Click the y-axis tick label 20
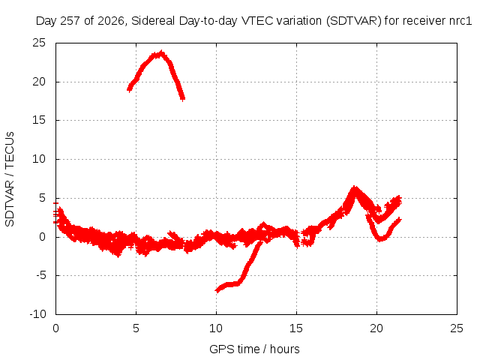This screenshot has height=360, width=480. (x=39, y=82)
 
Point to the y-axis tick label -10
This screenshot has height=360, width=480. (x=38, y=314)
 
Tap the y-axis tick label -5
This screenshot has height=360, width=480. (x=41, y=275)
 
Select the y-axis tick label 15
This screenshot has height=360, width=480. (x=39, y=120)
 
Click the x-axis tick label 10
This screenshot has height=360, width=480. (x=216, y=328)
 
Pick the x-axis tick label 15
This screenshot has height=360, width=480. (x=296, y=328)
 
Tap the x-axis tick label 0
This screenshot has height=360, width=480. (x=55, y=328)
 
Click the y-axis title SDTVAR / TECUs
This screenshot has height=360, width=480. (x=10, y=179)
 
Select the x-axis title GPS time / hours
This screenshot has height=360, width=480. (x=254, y=349)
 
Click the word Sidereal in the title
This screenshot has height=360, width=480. (x=153, y=21)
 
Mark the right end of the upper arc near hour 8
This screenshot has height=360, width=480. (x=183, y=98)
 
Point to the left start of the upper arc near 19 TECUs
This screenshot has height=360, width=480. (x=129, y=90)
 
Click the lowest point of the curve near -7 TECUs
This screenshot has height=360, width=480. (x=217, y=290)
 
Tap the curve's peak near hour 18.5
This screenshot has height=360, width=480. (x=355, y=187)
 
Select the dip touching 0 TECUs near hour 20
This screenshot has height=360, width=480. (x=380, y=239)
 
